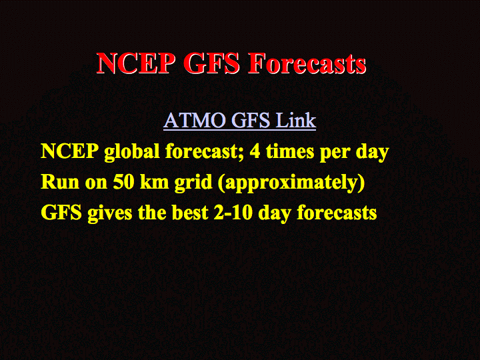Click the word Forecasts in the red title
pyautogui.click(x=307, y=63)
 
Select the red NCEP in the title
pyautogui.click(x=133, y=63)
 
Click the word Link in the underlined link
pyautogui.click(x=296, y=120)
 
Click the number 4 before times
pyautogui.click(x=255, y=151)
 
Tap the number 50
pyautogui.click(x=124, y=182)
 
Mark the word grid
pyautogui.click(x=193, y=183)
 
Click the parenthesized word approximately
pyautogui.click(x=291, y=183)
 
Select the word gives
pyautogui.click(x=109, y=213)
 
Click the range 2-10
pyautogui.click(x=233, y=213)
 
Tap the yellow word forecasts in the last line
pyautogui.click(x=337, y=213)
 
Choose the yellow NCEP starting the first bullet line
pyautogui.click(x=70, y=151)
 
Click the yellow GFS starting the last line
pyautogui.click(x=61, y=213)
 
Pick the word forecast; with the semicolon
pyautogui.click(x=205, y=151)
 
